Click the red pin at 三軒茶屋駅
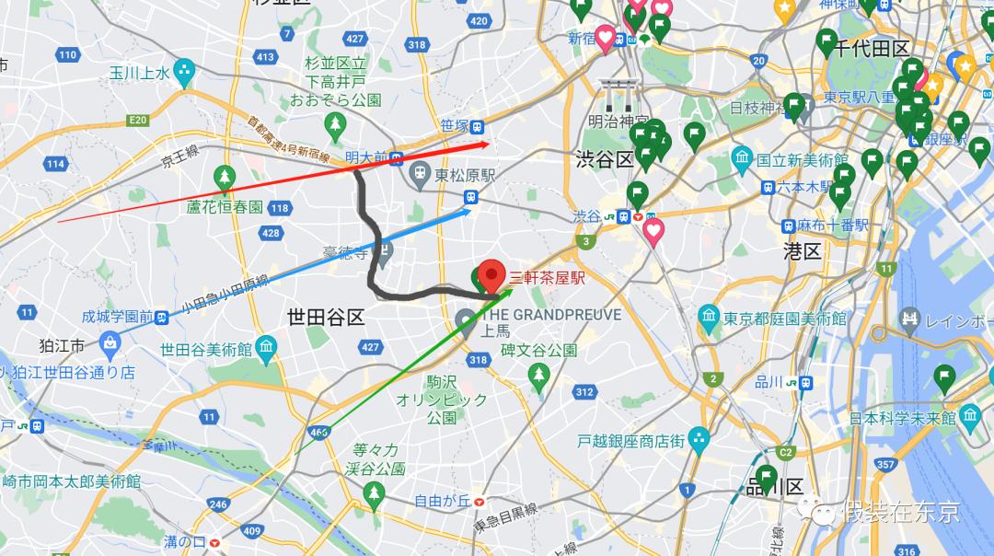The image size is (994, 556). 493,275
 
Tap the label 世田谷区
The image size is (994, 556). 326,318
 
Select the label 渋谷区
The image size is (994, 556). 604,158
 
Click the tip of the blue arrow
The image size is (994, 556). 471,210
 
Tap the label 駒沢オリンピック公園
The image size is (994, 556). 429,399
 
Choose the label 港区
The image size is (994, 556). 802,249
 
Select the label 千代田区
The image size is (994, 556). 871,48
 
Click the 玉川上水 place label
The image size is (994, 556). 140,72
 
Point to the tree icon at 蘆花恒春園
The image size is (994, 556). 224,177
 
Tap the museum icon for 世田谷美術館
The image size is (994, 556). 266,348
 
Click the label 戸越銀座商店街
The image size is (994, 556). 630,441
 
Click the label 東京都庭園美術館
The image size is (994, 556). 784,319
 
